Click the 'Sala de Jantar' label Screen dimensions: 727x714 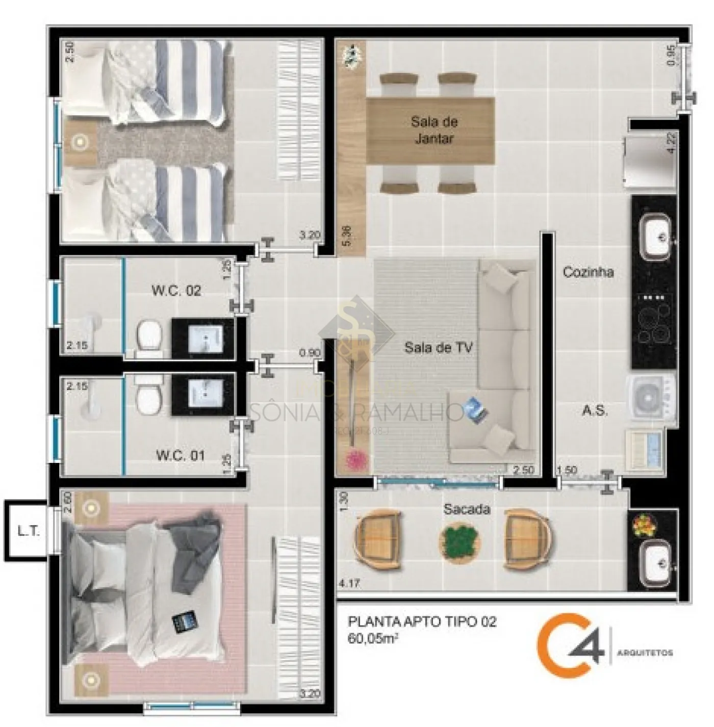[434, 130]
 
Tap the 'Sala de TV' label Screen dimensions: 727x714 [438, 348]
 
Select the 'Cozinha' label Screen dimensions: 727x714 [588, 272]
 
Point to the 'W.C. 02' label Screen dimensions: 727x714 [176, 291]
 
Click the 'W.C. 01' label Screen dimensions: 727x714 [181, 455]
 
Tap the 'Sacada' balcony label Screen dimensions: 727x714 [467, 509]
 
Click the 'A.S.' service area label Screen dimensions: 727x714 [595, 410]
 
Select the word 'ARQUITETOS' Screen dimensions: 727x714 [645, 653]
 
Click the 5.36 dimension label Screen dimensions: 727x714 [347, 237]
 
